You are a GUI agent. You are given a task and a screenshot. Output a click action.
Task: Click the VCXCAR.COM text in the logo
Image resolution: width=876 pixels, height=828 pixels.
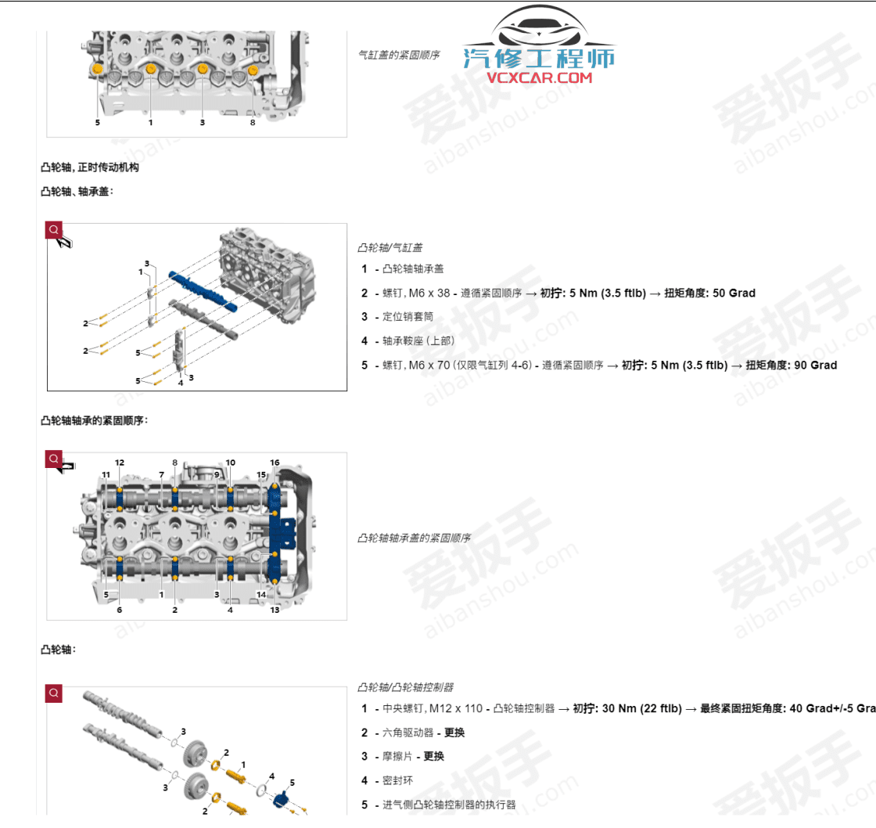[540, 77]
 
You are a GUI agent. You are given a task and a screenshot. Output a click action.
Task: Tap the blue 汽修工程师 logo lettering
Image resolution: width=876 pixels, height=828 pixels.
[539, 57]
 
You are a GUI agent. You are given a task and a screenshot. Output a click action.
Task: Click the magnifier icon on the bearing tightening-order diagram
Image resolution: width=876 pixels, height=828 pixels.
[53, 459]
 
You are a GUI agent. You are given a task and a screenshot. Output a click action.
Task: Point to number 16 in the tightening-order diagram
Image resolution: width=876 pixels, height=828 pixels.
[275, 463]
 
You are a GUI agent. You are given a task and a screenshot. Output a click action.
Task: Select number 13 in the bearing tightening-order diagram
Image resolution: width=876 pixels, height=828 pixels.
[275, 610]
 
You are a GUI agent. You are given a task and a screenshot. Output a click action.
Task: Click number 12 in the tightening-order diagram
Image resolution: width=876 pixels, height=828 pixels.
[120, 463]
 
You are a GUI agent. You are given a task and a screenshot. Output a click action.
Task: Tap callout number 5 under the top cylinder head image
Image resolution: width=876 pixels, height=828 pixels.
[98, 122]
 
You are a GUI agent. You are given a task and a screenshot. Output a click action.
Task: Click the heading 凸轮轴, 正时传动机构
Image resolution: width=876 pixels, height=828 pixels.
[90, 167]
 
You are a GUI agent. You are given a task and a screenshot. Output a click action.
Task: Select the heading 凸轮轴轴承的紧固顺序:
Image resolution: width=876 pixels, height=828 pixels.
[94, 420]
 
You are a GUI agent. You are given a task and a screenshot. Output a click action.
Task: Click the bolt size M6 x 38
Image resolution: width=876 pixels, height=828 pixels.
[433, 293]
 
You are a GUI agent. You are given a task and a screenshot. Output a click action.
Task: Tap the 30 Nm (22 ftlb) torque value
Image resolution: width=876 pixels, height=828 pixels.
[637, 709]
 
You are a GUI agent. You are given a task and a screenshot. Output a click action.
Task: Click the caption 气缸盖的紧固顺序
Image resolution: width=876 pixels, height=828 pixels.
[398, 55]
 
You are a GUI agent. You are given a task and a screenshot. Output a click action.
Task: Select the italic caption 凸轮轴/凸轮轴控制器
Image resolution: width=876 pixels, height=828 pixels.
[405, 687]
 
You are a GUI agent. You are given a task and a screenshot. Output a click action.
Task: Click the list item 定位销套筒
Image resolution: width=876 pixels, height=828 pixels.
[407, 317]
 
